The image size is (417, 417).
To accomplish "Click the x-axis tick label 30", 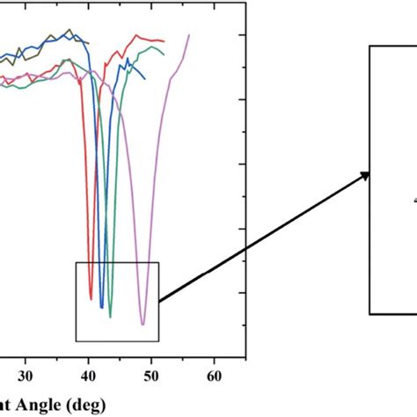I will pyautogui.click(x=26, y=374).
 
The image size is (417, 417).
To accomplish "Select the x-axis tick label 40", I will pyautogui.click(x=89, y=374).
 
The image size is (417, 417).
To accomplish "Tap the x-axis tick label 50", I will pyautogui.click(x=151, y=374).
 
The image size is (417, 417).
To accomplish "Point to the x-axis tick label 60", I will pyautogui.click(x=214, y=374).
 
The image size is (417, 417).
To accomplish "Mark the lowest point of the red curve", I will pyautogui.click(x=91, y=299).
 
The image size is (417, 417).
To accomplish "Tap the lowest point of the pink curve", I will pyautogui.click(x=143, y=325).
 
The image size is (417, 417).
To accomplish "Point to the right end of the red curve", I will pyautogui.click(x=165, y=41).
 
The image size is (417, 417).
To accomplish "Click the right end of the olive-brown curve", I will pyautogui.click(x=89, y=42).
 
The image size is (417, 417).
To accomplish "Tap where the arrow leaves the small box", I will pyautogui.click(x=159, y=301).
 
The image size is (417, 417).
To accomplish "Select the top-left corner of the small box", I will pyautogui.click(x=77, y=262).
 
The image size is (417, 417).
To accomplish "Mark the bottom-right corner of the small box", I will pyautogui.click(x=159, y=340).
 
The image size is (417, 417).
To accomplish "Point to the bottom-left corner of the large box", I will pyautogui.click(x=369, y=313).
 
